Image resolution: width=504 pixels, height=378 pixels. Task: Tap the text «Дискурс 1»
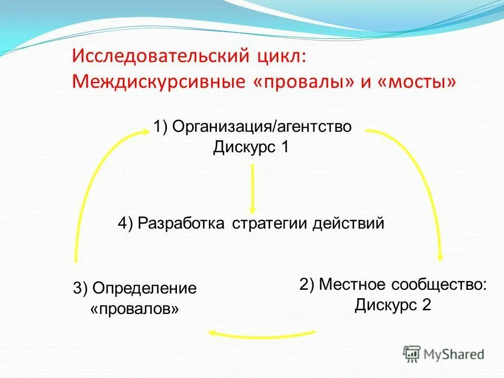coord(251,147)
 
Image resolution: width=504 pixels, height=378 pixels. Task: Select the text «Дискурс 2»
coord(393,304)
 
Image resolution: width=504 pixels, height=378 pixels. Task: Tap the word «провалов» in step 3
coord(134,308)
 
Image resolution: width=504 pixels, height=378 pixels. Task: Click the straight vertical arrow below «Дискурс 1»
coord(253,186)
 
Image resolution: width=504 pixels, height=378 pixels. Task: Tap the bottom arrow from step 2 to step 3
coord(262,334)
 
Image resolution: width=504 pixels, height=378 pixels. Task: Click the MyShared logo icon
coord(412,354)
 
